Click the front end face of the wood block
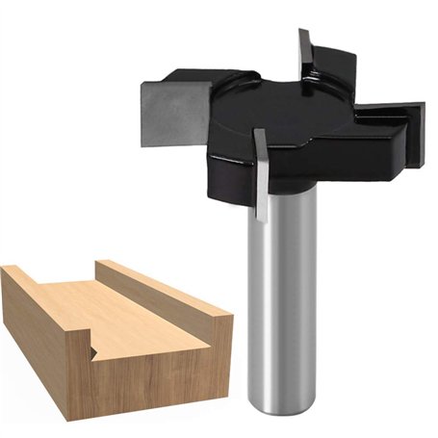click(144, 375)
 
